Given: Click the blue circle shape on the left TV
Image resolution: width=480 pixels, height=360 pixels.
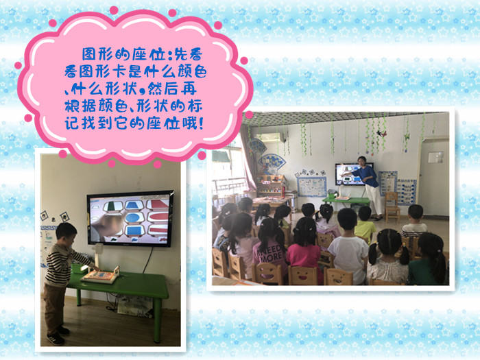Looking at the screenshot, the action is (134, 217).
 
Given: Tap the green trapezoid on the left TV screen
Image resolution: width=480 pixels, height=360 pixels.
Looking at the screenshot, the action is (112, 206).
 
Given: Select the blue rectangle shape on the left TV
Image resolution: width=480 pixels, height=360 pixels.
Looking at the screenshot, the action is (134, 231).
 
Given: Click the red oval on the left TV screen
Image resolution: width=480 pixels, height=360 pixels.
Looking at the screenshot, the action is (159, 217).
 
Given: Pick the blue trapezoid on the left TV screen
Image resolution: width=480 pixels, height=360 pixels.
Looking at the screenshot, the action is (134, 205).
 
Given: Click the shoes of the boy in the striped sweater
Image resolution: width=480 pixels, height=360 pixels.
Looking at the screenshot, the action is (58, 335).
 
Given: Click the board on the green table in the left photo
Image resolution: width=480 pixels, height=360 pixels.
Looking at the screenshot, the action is (99, 276).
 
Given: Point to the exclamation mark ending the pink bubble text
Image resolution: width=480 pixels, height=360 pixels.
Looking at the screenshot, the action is (201, 123).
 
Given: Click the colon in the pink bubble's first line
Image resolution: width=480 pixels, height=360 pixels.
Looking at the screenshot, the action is (169, 56).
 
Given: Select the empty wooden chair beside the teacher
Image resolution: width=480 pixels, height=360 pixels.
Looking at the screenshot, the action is (392, 207).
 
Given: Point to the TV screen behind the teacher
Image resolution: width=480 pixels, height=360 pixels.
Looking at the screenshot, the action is (350, 174).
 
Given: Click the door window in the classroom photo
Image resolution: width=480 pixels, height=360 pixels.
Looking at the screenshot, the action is (435, 157).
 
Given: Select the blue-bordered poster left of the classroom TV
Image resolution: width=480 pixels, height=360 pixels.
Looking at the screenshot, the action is (311, 187).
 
